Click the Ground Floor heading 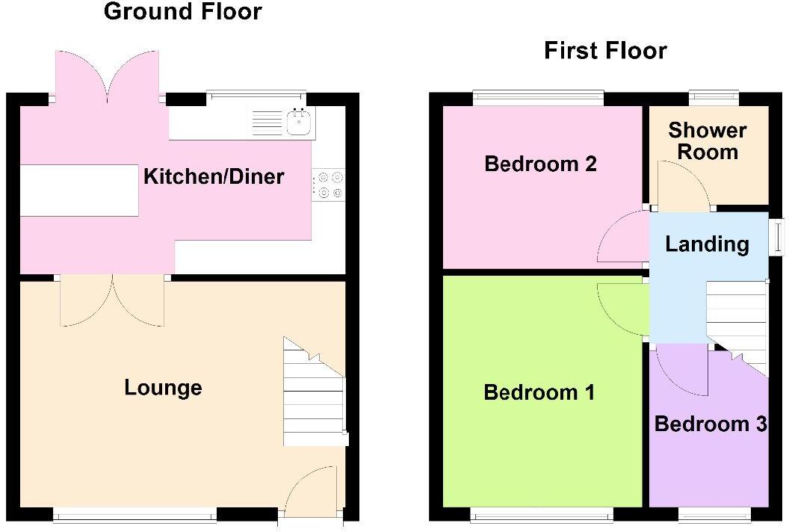[182, 12]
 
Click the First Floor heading [605, 51]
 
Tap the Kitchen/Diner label [214, 177]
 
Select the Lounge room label [163, 388]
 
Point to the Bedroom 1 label [539, 392]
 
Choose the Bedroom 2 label [540, 164]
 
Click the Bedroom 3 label [710, 424]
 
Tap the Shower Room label [707, 141]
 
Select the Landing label [707, 244]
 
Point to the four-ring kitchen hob [329, 185]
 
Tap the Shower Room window [713, 96]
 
